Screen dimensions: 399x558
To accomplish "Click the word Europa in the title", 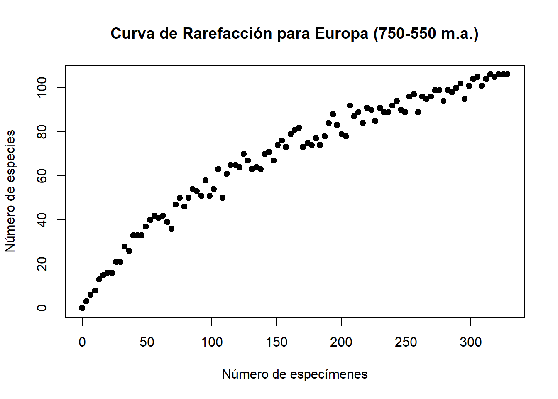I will pyautogui.click(x=341, y=34).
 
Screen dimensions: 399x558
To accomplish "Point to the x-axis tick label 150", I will pyautogui.click(x=277, y=342).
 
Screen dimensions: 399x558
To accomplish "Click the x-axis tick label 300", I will pyautogui.click(x=471, y=342).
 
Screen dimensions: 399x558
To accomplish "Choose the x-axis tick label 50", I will pyautogui.click(x=147, y=342).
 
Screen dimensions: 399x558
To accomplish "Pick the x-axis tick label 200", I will pyautogui.click(x=341, y=342).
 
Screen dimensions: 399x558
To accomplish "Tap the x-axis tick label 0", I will pyautogui.click(x=82, y=342).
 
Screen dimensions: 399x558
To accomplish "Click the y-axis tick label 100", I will pyautogui.click(x=42, y=88).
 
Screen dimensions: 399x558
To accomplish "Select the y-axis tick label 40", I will pyautogui.click(x=42, y=220).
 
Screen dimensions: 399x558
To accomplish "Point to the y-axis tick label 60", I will pyautogui.click(x=42, y=176).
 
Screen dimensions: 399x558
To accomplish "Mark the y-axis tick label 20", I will pyautogui.click(x=42, y=264).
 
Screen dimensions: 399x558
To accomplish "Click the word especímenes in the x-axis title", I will pyautogui.click(x=329, y=374).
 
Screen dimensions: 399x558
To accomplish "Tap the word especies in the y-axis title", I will pyautogui.click(x=10, y=156).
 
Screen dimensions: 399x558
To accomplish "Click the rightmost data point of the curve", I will pyautogui.click(x=507, y=74).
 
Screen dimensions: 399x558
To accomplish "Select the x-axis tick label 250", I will pyautogui.click(x=406, y=342).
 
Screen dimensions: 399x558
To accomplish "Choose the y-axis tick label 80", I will pyautogui.click(x=42, y=132).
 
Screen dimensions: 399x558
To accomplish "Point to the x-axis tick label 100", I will pyautogui.click(x=212, y=342).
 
